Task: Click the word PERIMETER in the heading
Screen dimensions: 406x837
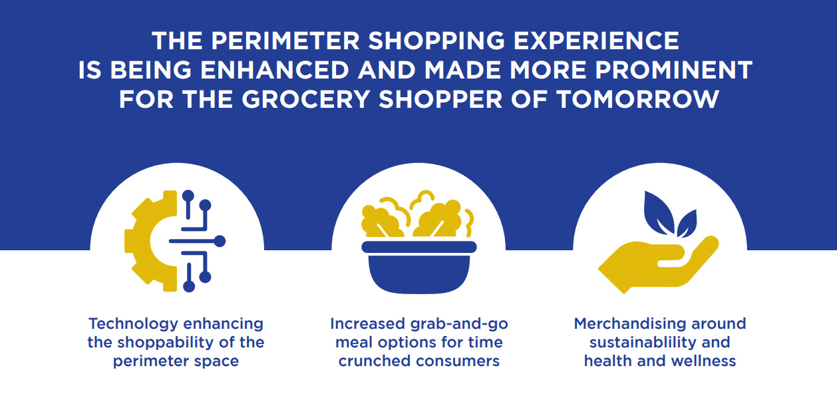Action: click(283, 41)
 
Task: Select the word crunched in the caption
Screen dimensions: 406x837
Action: click(375, 361)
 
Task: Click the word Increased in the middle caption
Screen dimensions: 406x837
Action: click(365, 324)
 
